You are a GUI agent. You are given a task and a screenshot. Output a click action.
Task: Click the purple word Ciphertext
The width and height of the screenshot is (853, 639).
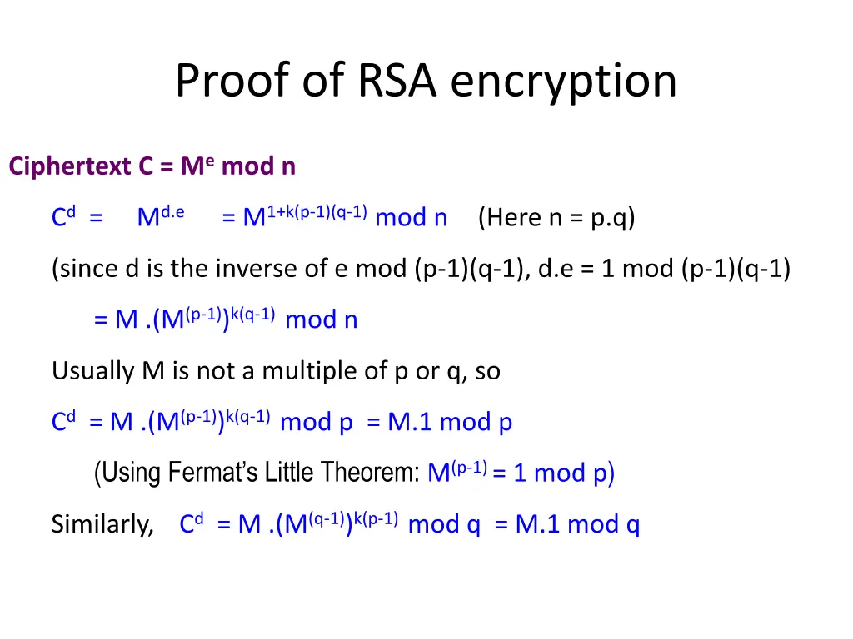(x=70, y=167)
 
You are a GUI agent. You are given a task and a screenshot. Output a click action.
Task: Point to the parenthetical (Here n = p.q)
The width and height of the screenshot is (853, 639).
(x=556, y=218)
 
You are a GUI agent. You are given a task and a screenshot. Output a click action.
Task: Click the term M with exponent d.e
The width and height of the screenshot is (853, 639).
(x=159, y=217)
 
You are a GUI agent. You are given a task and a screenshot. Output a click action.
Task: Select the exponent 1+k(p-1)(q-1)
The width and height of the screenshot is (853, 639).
(x=317, y=211)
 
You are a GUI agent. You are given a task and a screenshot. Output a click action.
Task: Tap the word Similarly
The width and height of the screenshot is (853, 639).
(x=102, y=524)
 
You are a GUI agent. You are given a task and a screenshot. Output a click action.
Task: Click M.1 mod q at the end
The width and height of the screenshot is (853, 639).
(x=577, y=524)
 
